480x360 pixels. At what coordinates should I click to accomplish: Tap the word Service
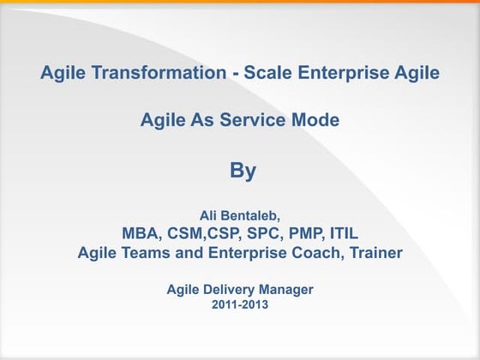[257, 121]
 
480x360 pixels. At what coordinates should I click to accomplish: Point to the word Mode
[316, 121]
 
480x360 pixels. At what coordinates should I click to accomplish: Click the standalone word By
[243, 171]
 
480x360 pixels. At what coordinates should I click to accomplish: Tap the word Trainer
[374, 253]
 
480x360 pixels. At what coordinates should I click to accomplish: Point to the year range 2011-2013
[240, 306]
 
